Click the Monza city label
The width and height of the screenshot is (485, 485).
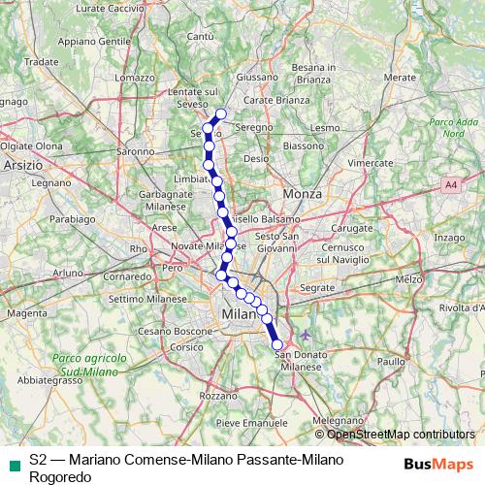point(295,195)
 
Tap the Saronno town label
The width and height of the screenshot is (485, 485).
point(135,152)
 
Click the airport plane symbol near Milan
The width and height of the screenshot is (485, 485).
point(307,336)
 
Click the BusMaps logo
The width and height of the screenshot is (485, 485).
point(439,465)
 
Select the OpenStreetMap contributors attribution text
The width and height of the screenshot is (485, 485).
point(401,435)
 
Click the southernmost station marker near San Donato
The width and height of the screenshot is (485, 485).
point(277,344)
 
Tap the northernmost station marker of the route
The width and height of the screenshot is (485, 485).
point(220,114)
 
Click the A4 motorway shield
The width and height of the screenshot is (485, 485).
point(451,183)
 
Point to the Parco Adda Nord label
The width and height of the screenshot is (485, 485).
point(442,128)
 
